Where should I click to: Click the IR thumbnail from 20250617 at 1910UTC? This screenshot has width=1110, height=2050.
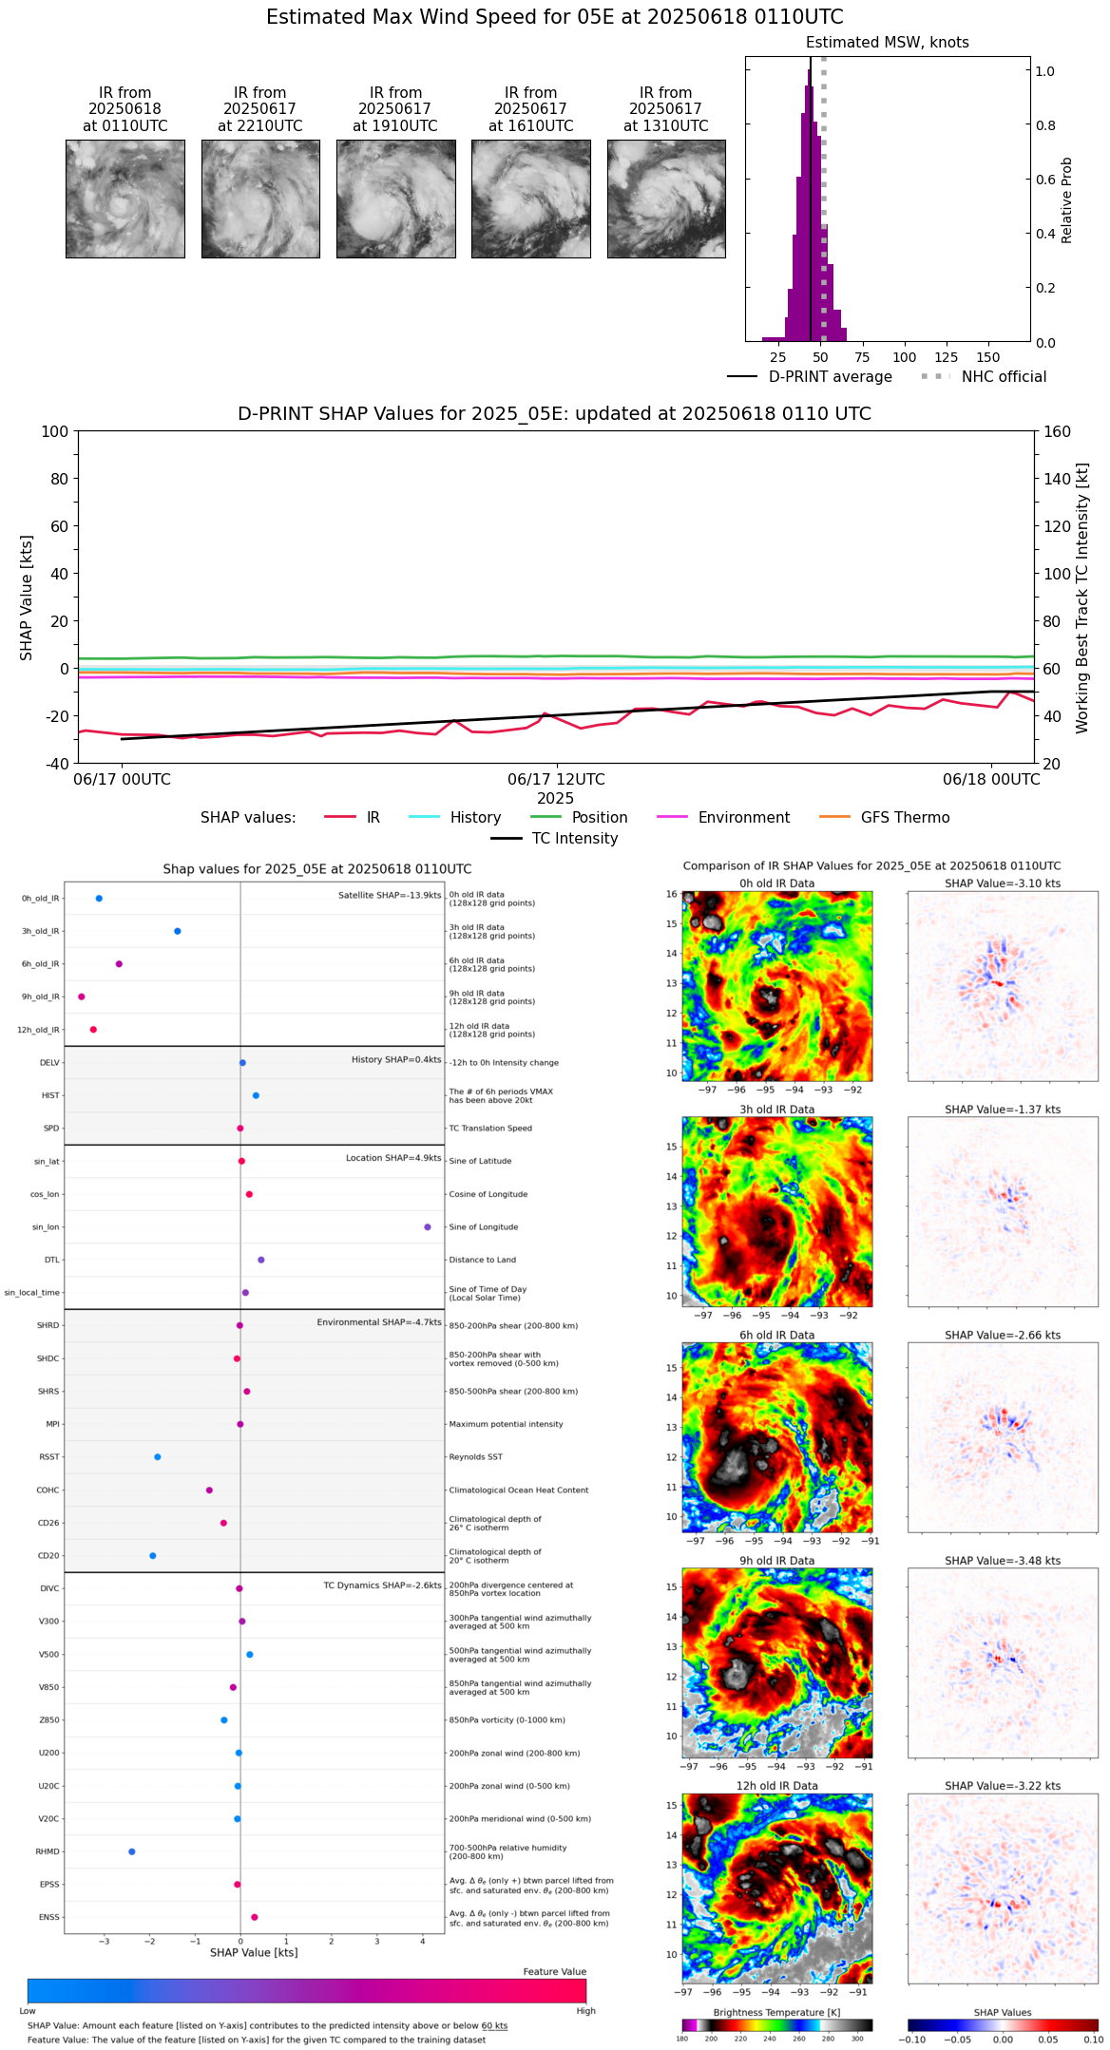395,199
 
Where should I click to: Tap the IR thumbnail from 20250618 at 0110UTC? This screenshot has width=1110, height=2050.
124,199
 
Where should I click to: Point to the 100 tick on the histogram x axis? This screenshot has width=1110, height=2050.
905,357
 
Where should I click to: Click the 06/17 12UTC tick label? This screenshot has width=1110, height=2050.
556,779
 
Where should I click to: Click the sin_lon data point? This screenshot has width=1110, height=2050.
428,1226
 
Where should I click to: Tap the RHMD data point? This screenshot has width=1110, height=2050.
132,1851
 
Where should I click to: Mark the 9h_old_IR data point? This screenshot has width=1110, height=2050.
82,997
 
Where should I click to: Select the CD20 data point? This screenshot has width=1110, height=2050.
153,1555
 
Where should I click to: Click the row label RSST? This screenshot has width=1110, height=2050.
48,1456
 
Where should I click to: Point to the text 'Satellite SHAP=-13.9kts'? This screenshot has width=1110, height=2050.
390,895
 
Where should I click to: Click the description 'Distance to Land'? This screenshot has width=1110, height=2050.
483,1260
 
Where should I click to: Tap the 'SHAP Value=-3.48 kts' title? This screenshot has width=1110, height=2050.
1003,1561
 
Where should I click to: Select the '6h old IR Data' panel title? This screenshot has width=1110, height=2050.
776,1335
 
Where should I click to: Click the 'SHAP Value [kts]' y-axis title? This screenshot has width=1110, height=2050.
27,598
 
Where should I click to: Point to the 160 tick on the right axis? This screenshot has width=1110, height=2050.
1058,431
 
